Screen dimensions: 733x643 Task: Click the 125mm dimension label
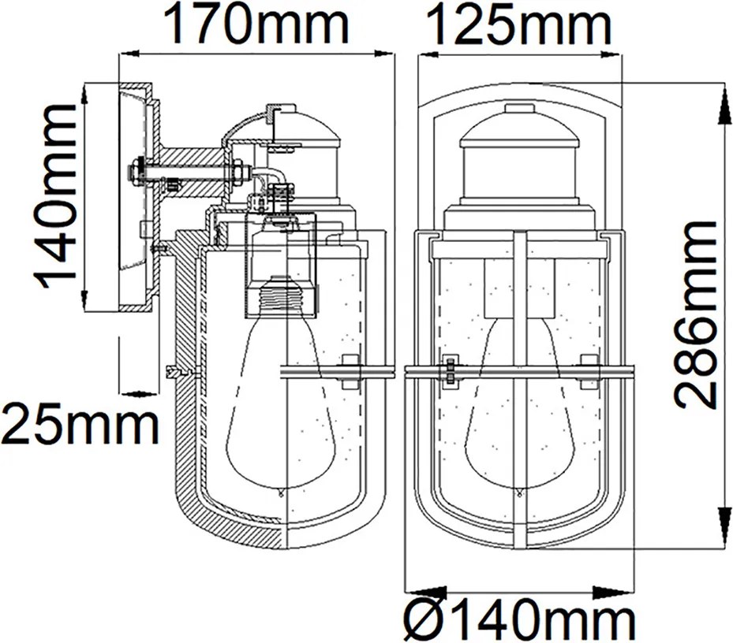point(518,24)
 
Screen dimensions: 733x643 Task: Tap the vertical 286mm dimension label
point(696,315)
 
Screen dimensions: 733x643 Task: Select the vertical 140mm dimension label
point(55,196)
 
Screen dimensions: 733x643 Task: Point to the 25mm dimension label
point(80,426)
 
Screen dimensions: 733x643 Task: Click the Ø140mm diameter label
point(519,619)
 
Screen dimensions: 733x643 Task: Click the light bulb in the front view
point(518,407)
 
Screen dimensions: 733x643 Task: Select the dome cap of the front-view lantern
point(519,136)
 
